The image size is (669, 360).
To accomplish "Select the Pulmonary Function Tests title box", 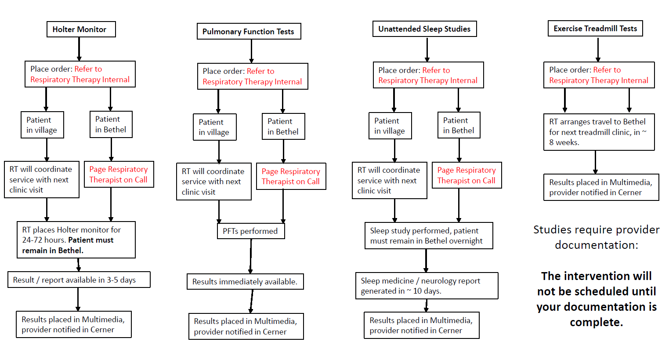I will pos(249,32).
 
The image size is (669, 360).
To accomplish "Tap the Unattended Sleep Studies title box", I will pos(424,29).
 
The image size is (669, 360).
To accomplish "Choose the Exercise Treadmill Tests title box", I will pos(595,29).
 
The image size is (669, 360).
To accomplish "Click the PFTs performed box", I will pos(251,231).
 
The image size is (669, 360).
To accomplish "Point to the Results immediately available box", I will pos(245,282).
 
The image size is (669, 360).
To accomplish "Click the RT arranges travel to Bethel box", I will pos(599,132).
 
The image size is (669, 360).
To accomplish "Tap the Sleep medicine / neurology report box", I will pos(427,286).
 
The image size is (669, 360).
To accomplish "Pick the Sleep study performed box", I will pos(429,236).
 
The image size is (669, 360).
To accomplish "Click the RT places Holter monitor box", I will pos(76,240).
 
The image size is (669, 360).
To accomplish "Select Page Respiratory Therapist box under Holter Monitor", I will pos(119,175).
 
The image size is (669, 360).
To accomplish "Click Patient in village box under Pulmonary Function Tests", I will pos(214,127).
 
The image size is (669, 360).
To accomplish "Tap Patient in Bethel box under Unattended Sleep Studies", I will pos(459,125).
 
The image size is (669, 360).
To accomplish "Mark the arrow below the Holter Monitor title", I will pos(79,49).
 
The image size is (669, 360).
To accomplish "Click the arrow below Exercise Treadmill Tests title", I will pos(598,49).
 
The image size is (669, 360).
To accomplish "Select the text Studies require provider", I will pos(596,230).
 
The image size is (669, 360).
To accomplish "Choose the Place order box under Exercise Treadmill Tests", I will pos(599,75).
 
